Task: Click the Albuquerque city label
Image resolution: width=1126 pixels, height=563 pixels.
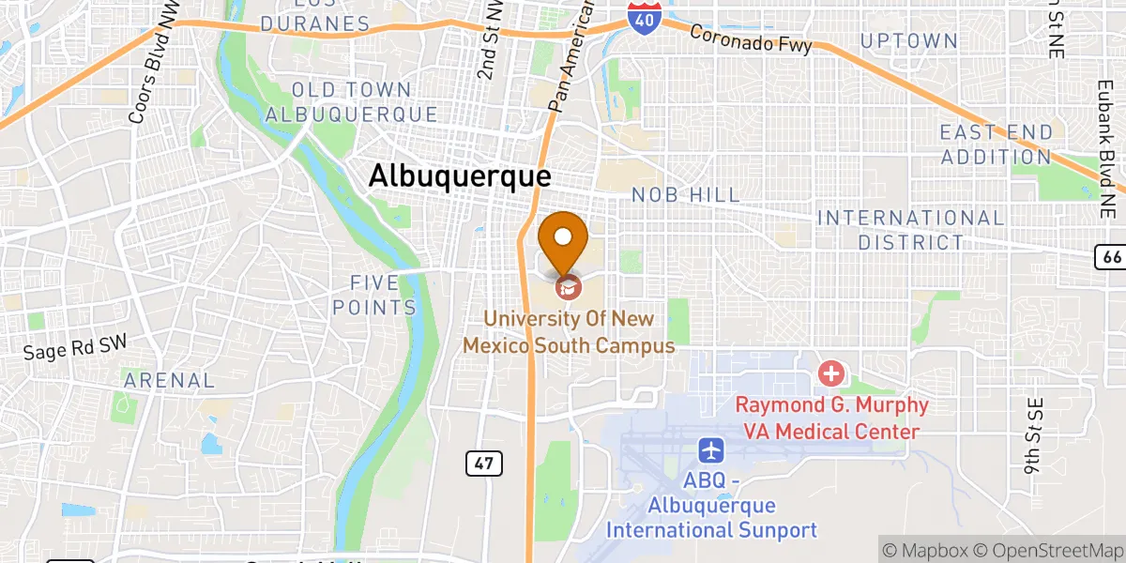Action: (459, 176)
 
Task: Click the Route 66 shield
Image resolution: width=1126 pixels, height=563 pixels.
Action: (1110, 255)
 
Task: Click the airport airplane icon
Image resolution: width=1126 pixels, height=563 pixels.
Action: (712, 450)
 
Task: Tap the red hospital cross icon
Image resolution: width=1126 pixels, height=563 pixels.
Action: (830, 374)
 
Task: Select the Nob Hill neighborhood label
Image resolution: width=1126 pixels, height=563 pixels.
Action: (685, 194)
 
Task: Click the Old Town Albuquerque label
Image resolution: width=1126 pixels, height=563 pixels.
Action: (352, 102)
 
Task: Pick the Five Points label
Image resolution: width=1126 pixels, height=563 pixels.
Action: (383, 295)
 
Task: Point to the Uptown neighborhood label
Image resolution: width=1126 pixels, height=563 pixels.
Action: (909, 40)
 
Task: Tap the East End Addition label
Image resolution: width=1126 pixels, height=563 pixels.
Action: (997, 145)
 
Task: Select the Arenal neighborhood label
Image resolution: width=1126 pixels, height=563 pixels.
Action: (170, 380)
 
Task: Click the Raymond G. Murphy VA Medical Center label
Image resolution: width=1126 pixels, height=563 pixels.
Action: (831, 418)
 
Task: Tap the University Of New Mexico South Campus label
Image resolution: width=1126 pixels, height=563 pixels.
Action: (569, 332)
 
